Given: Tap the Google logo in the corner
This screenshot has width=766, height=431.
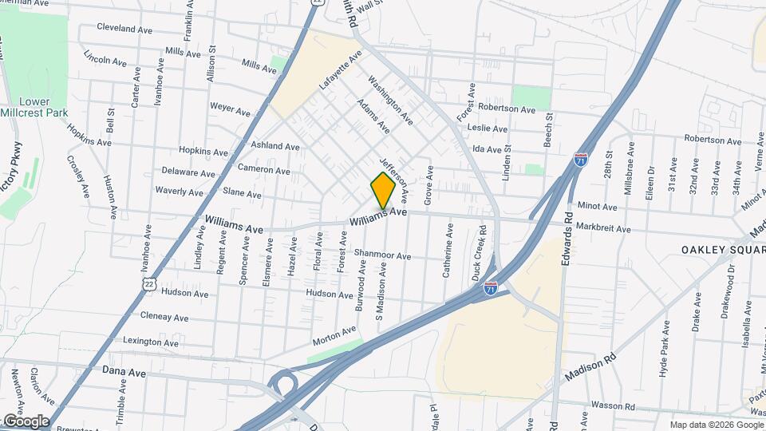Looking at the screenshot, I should click(26, 421).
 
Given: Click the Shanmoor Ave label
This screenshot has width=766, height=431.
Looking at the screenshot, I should click(382, 255).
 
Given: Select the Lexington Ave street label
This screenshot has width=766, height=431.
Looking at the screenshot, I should click(151, 341).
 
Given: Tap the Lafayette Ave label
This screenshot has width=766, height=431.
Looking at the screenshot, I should click(341, 69).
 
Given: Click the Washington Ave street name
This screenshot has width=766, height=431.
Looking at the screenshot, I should click(390, 100).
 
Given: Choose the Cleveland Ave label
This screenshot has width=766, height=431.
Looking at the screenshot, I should click(124, 26).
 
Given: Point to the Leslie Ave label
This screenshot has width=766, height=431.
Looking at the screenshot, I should click(488, 128).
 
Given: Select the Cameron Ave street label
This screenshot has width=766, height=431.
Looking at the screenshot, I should click(264, 170).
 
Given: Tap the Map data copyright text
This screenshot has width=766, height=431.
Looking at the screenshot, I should click(715, 425).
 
